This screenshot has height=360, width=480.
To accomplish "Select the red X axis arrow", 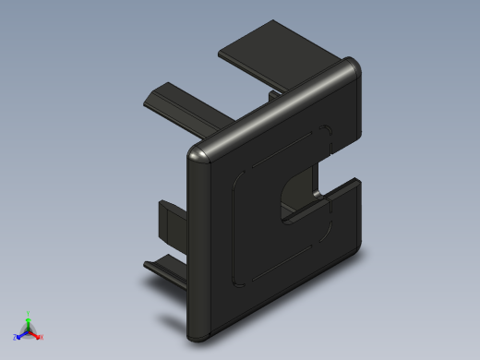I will coord(36,335).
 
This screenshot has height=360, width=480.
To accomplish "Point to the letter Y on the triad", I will coord(28,313).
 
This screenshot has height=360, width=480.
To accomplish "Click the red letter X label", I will coord(42,338).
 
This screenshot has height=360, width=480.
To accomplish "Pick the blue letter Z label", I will coord(15,338).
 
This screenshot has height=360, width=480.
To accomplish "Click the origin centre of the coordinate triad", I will coord(28,331).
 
